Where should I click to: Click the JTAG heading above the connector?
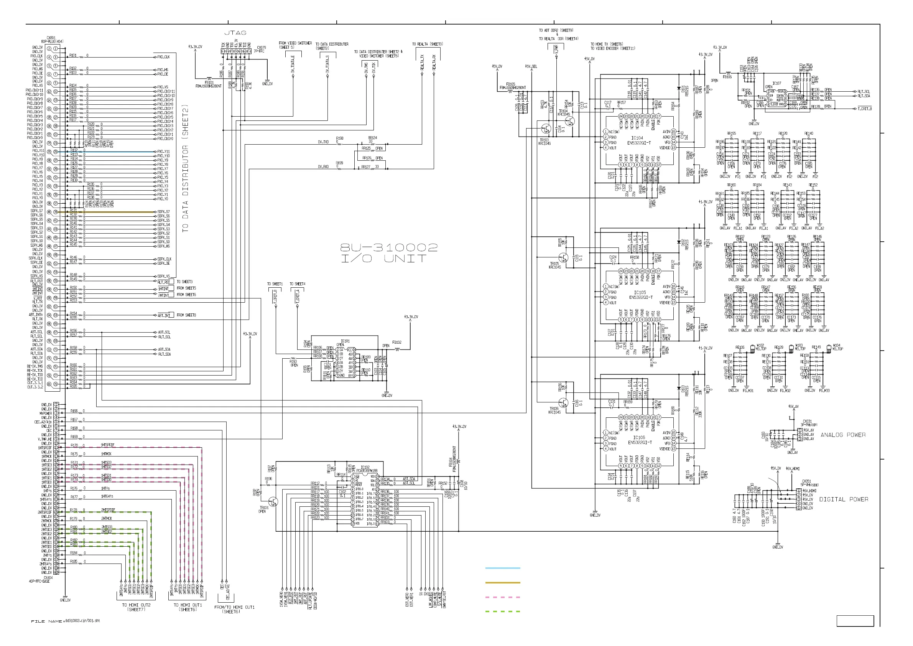tap(235, 33)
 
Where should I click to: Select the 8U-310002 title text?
tap(388, 248)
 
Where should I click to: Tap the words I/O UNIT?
tap(383, 259)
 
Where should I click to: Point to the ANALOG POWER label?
tap(843, 435)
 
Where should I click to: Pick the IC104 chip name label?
tap(637, 138)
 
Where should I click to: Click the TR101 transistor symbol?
tap(273, 502)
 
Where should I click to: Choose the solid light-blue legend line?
tap(503, 568)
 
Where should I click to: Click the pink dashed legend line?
tap(503, 597)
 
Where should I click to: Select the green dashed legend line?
tap(503, 611)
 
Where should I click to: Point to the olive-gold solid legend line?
tap(503, 583)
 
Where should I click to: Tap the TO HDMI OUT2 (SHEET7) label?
tap(137, 607)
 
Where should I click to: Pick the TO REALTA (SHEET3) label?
tap(428, 44)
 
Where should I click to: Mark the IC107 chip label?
tap(776, 84)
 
